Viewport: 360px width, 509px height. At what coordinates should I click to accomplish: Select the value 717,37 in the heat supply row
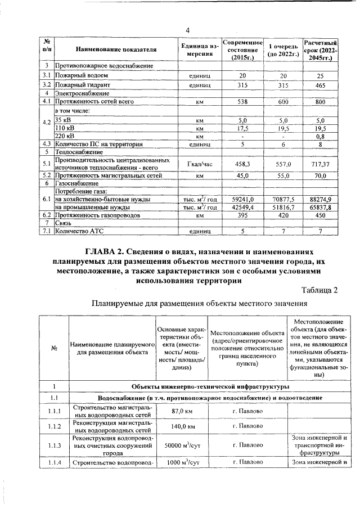coord(320,164)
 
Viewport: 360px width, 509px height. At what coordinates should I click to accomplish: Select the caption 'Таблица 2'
coord(320,290)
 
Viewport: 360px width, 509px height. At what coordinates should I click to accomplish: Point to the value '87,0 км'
coord(182,411)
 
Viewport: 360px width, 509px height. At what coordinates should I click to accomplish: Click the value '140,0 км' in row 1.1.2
coord(182,426)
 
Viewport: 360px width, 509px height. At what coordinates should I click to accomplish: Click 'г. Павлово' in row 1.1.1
coord(247,411)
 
